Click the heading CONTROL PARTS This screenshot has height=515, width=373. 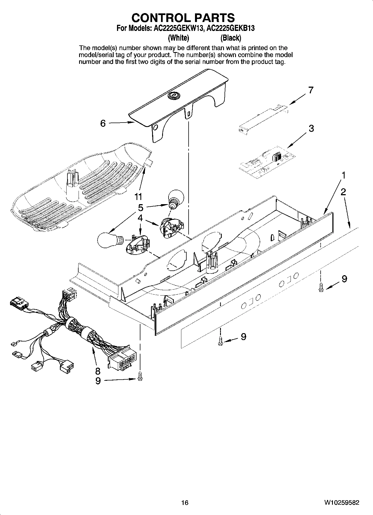tap(183, 18)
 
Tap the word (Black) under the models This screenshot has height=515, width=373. tap(231, 38)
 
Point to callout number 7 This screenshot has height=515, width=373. tap(311, 90)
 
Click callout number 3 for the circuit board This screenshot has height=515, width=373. tap(311, 129)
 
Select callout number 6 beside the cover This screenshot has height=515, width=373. tap(103, 123)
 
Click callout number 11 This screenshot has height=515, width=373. tap(138, 197)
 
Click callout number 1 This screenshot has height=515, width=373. tap(344, 175)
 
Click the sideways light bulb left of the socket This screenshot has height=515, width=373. tap(109, 239)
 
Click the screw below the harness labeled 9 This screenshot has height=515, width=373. tap(140, 376)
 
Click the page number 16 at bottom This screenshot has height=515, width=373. tap(185, 502)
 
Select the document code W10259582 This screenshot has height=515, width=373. tap(341, 502)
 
